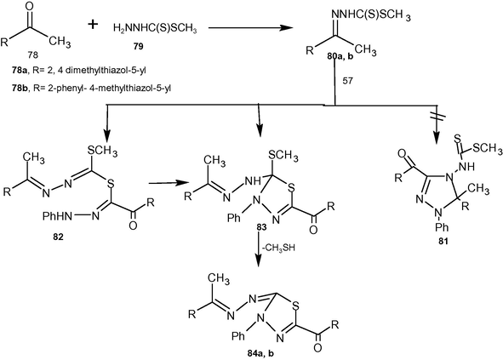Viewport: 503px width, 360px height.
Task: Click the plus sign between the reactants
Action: (x=93, y=25)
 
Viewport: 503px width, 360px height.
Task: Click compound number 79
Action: (x=139, y=47)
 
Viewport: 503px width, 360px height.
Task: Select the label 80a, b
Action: (x=340, y=57)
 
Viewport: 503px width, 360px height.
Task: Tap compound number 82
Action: (x=59, y=237)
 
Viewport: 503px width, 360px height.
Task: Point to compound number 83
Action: (x=261, y=227)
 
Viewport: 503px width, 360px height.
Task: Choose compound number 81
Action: (x=443, y=241)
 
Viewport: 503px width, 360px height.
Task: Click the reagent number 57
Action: (x=347, y=81)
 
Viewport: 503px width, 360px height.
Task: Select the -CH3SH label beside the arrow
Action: (x=278, y=248)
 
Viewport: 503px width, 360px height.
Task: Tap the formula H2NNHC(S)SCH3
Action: (x=155, y=29)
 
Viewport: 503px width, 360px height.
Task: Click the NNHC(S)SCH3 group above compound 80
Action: (x=371, y=15)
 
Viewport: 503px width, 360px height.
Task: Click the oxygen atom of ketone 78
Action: (x=30, y=7)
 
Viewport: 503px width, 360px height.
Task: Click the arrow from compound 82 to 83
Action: (x=169, y=183)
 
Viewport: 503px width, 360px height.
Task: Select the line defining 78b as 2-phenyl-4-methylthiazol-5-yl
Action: (x=91, y=88)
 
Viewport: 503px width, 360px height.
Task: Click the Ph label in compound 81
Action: (x=443, y=227)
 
